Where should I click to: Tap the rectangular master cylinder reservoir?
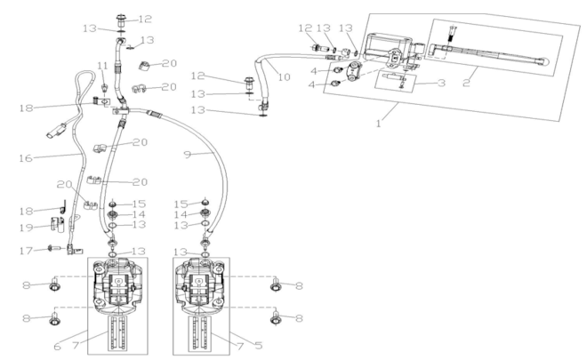tap(385, 40)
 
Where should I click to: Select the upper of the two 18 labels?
tap(27, 108)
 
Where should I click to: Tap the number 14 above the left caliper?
tap(139, 214)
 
